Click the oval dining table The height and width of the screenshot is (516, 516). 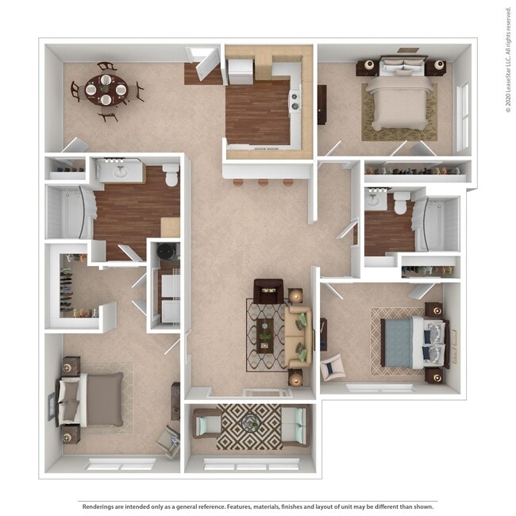pos(105,89)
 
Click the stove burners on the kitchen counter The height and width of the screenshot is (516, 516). pos(295,101)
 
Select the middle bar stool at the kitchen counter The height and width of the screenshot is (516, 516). pos(263,182)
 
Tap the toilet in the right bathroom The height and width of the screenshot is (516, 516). pos(402,202)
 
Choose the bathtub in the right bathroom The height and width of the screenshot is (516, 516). pos(441,225)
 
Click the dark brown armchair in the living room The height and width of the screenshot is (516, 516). pos(267,292)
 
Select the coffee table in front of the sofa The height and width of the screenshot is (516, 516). pos(265,337)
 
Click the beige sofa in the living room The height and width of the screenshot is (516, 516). pos(297,337)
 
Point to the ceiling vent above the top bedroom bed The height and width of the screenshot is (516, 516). pos(408,50)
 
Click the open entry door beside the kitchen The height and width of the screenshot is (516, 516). pos(205,65)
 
